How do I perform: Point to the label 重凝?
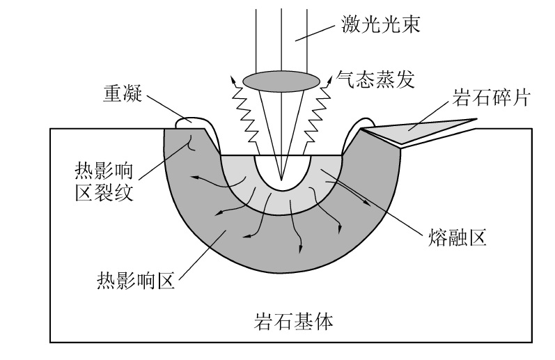(118, 95)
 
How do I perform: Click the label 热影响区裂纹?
(104, 180)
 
